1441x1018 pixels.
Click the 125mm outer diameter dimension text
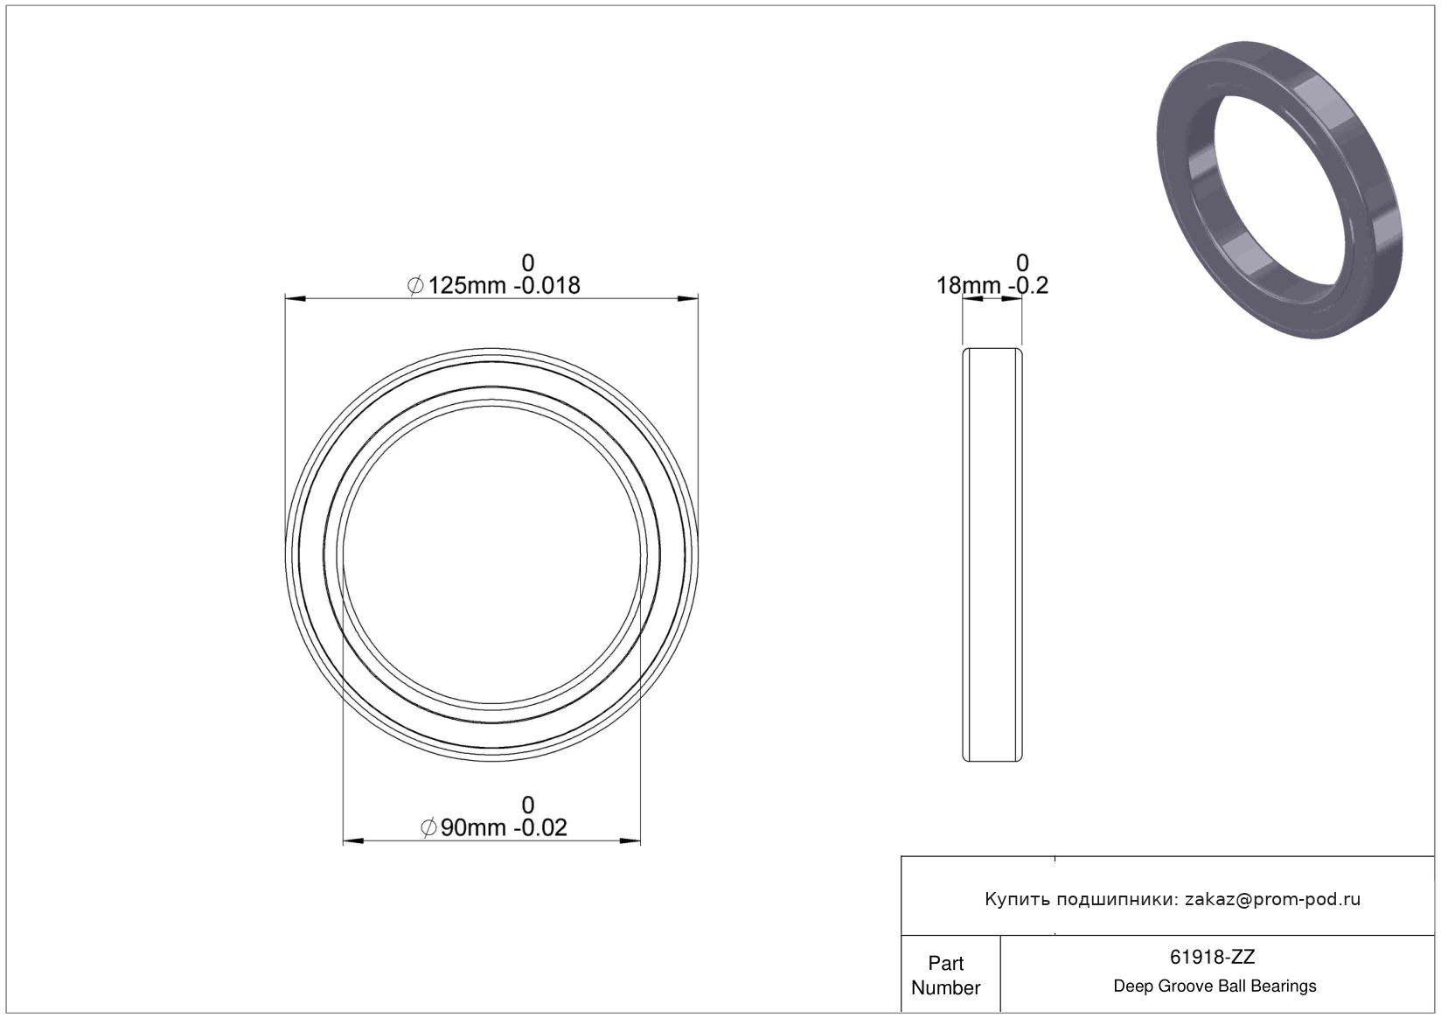[x=468, y=285]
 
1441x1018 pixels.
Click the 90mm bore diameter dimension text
[x=473, y=827]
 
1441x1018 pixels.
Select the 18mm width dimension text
[x=968, y=285]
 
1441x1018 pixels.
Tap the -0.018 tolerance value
[x=546, y=285]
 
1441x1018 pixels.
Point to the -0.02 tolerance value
[x=540, y=827]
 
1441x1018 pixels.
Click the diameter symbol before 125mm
[x=415, y=285]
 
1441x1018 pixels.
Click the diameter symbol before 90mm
[x=428, y=827]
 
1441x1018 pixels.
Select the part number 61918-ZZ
[x=1212, y=957]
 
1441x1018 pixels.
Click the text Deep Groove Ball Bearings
[x=1215, y=986]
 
